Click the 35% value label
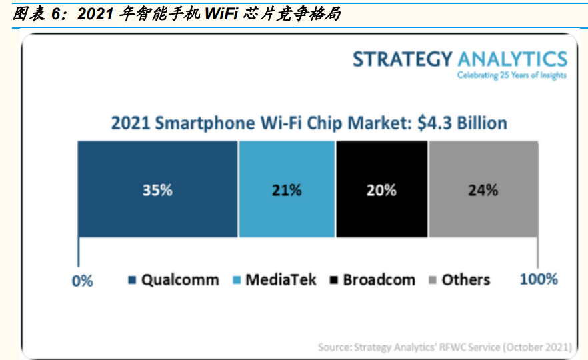click(x=157, y=190)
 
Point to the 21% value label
click(x=287, y=190)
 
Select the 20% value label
click(x=381, y=190)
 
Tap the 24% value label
click(x=483, y=190)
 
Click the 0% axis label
click(x=82, y=281)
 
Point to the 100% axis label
click(x=538, y=279)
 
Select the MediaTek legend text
click(x=281, y=280)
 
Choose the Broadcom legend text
click(x=379, y=280)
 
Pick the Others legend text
click(x=465, y=280)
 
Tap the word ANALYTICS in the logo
click(x=511, y=59)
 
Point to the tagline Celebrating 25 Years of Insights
click(x=511, y=75)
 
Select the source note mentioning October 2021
click(x=444, y=347)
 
